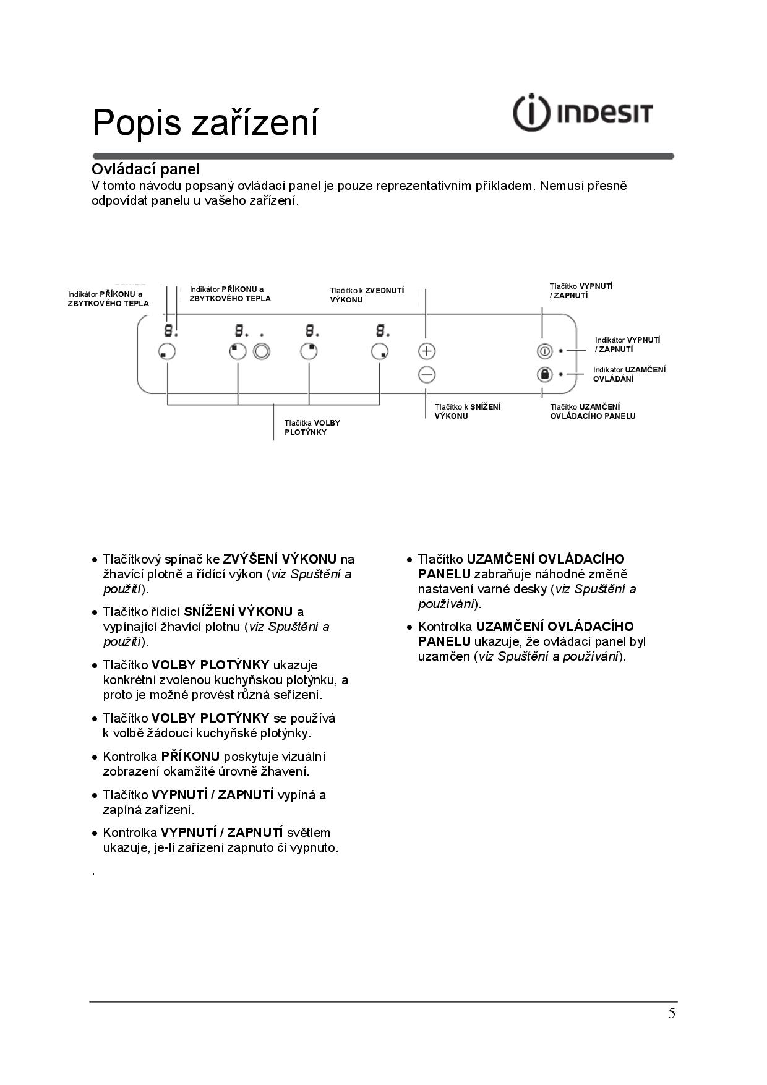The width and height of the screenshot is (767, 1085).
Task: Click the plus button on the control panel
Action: point(427,351)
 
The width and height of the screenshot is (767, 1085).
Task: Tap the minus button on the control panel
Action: point(427,375)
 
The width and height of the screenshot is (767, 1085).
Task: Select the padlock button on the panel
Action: point(544,374)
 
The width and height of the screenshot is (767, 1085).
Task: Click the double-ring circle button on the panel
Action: point(262,351)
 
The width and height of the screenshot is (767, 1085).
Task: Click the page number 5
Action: point(671,1013)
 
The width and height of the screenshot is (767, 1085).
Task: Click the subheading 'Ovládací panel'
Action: point(145,169)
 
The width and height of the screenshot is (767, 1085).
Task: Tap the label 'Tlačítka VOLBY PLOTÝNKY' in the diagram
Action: point(312,427)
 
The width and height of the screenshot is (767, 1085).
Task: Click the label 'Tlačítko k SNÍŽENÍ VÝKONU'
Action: point(467,411)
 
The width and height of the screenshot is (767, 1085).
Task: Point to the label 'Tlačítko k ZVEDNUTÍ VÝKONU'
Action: point(367,295)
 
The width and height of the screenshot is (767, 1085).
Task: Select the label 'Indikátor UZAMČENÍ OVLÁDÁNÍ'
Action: point(629,374)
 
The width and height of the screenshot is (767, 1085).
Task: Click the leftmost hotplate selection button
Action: point(167,351)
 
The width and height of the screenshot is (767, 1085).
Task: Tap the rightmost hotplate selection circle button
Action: point(380,351)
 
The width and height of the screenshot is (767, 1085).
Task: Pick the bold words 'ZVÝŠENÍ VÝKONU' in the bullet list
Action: point(280,559)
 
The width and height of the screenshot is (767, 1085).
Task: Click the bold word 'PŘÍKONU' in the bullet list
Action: point(191,757)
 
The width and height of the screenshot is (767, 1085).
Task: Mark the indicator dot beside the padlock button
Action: point(560,374)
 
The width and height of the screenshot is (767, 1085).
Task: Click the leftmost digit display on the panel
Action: point(168,330)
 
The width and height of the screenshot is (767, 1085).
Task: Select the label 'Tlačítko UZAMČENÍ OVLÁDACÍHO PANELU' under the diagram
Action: point(593,411)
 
